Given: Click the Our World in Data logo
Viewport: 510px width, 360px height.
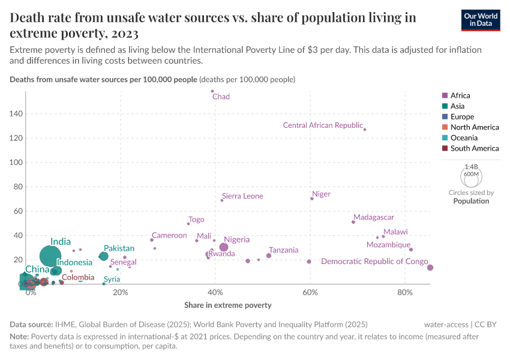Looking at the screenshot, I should tap(481, 19).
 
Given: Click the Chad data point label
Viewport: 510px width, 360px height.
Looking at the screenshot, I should tap(221, 97).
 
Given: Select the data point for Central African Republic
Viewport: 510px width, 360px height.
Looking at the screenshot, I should tap(365, 130).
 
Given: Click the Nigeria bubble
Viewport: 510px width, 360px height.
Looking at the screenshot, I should tap(224, 247).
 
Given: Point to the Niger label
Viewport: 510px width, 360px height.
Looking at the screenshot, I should tap(322, 194).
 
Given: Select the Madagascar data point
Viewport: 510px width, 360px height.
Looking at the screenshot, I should tap(353, 222).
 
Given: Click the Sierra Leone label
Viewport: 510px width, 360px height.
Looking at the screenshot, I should tap(242, 196).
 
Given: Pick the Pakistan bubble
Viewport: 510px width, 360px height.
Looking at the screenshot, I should tap(103, 256).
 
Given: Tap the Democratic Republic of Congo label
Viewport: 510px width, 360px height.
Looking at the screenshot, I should tap(374, 262).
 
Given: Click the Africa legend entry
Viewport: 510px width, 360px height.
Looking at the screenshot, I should tap(460, 95).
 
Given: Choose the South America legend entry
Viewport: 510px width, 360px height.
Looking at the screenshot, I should tap(474, 148).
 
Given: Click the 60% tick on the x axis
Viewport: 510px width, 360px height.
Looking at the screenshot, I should tap(310, 293).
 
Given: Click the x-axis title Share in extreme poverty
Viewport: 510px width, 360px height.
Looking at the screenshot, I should tap(228, 305).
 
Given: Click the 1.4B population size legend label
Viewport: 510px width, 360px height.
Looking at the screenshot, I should tap(471, 167).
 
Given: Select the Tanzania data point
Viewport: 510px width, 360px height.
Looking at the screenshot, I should tap(269, 256).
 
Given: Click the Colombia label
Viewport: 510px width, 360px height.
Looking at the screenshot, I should tap(78, 277).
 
